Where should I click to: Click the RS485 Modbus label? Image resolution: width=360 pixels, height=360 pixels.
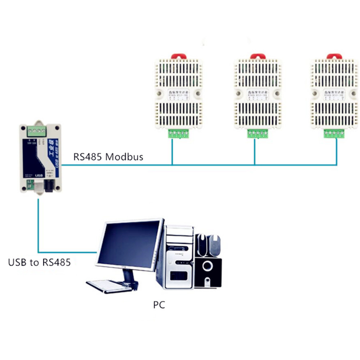click(x=108, y=156)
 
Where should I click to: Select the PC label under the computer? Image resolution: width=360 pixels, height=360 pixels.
click(x=159, y=304)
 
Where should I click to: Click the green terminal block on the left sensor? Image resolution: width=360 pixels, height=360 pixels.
click(x=178, y=134)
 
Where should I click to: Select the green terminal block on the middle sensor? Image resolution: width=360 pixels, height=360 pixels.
click(x=256, y=134)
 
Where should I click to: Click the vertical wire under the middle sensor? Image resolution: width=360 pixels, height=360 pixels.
click(x=254, y=151)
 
